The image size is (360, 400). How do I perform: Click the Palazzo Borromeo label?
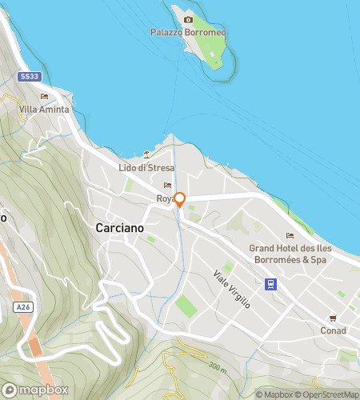pos(188,33)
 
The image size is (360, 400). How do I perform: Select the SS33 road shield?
pos(29,76)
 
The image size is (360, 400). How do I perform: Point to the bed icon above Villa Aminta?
pos(44,97)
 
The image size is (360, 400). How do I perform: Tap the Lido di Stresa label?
pos(146,167)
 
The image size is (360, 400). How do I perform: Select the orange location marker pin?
pos(180,200)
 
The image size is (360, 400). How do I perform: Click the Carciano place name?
pos(119,228)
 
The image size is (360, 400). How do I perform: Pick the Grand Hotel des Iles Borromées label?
pos(289,254)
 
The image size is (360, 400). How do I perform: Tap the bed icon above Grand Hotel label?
pos(289,235)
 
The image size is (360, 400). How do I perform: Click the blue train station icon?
pos(272,283)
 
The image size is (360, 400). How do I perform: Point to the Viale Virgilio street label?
pos(232,290)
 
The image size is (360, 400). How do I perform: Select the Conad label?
pos(333,330)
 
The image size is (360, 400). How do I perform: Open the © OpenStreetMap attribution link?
pos(329,394)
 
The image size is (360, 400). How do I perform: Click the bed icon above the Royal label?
pos(167,186)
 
